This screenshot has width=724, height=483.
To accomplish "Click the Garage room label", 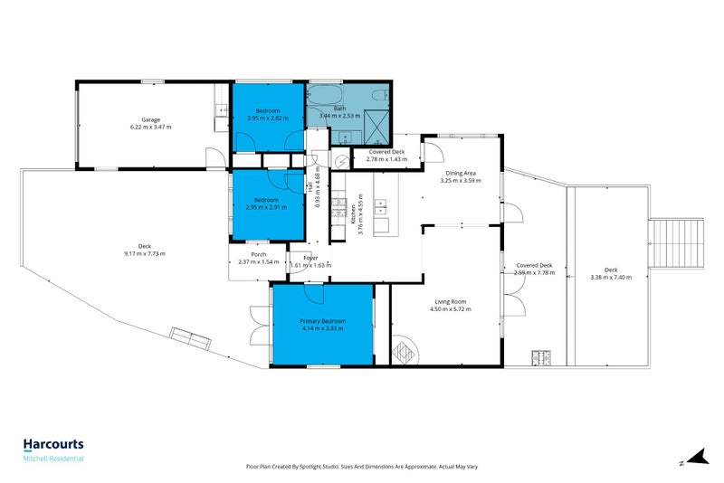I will pos(150,119).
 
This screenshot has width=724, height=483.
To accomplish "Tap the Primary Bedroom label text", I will pos(323,321).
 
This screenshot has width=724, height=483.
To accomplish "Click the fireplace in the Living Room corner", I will pos(404,351).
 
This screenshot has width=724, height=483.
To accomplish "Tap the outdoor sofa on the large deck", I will pos(191,340).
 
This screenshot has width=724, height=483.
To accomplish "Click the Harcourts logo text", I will pos(53,444).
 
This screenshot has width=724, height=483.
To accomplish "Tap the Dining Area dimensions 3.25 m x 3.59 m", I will pos(457,180).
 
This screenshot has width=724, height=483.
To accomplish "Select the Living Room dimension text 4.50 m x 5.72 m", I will pos(450,309).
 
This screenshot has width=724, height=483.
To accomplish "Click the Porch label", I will pos(257,255).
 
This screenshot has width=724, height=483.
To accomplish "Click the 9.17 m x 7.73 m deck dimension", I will pos(145,253).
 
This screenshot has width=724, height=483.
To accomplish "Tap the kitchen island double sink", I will pos(381,220).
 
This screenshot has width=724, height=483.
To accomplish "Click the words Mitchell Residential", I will pos(53,459).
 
